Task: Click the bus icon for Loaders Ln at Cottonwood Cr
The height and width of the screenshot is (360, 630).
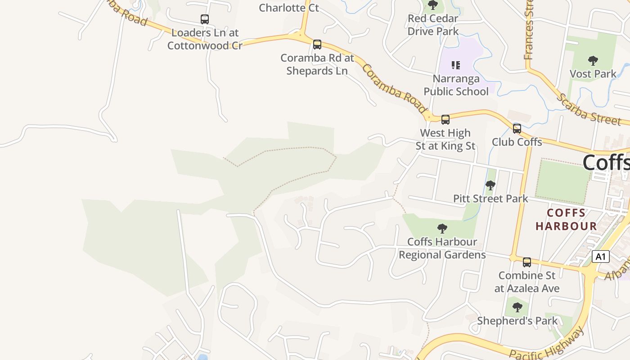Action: (x=205, y=19)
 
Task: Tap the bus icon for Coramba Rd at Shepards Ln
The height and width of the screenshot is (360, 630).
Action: (x=317, y=44)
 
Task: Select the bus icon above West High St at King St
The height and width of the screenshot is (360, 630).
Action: (x=445, y=119)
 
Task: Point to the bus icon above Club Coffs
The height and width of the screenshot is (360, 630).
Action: (x=517, y=129)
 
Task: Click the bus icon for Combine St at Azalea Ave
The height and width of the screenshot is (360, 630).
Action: (x=527, y=262)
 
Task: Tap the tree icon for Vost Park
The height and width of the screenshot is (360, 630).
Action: (x=593, y=60)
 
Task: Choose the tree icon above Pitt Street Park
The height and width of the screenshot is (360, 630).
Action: (x=490, y=185)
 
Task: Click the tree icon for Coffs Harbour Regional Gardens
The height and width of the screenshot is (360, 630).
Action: (x=442, y=229)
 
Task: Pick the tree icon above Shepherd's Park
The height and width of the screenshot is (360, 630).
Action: (x=517, y=308)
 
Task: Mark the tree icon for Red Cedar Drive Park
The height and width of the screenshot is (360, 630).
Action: (x=433, y=5)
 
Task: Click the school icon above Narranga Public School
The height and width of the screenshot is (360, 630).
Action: (x=456, y=65)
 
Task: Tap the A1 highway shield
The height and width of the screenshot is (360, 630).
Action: (x=601, y=256)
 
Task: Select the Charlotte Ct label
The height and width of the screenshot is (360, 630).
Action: (x=289, y=8)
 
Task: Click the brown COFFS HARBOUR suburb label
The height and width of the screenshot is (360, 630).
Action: (x=566, y=219)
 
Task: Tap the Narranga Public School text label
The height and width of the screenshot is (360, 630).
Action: (x=456, y=85)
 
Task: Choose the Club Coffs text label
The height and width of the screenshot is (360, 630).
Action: (x=517, y=142)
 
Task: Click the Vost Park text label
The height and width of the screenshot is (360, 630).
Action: (x=593, y=74)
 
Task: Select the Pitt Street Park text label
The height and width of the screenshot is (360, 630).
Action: (x=490, y=198)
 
